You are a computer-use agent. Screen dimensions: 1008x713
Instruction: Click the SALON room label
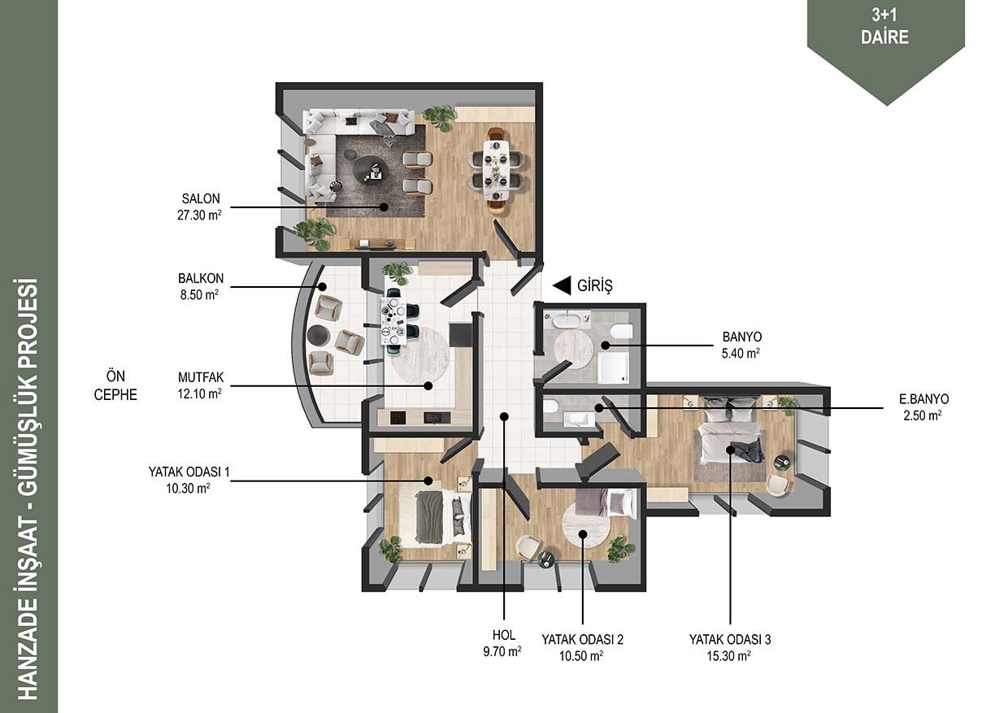[x=201, y=198]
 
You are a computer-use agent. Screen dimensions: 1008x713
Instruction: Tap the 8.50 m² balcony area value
[x=199, y=295]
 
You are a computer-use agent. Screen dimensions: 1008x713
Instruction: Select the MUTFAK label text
[x=201, y=377]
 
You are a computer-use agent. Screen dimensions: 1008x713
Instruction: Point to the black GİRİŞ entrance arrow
[x=562, y=285]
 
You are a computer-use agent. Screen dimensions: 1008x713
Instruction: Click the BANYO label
[x=742, y=337]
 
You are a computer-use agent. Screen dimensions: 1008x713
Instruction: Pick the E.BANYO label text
[x=923, y=399]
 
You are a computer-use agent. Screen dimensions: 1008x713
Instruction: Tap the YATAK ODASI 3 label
[x=730, y=639]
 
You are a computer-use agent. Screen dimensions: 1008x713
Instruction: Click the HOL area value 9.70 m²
[x=502, y=651]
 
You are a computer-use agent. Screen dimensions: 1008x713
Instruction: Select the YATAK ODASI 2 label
[x=582, y=639]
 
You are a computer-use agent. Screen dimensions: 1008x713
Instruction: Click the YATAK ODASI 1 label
[x=189, y=472]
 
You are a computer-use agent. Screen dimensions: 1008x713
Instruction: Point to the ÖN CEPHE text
[x=115, y=385]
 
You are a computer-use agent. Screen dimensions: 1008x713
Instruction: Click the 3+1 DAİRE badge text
[x=884, y=26]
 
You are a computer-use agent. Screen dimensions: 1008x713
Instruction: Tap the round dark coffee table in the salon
[x=371, y=170]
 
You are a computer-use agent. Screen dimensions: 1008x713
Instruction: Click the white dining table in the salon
[x=497, y=170]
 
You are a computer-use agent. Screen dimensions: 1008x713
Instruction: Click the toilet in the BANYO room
[x=622, y=331]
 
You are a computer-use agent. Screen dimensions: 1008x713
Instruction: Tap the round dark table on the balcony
[x=319, y=335]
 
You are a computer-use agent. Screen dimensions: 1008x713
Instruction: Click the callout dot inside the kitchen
[x=428, y=385]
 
